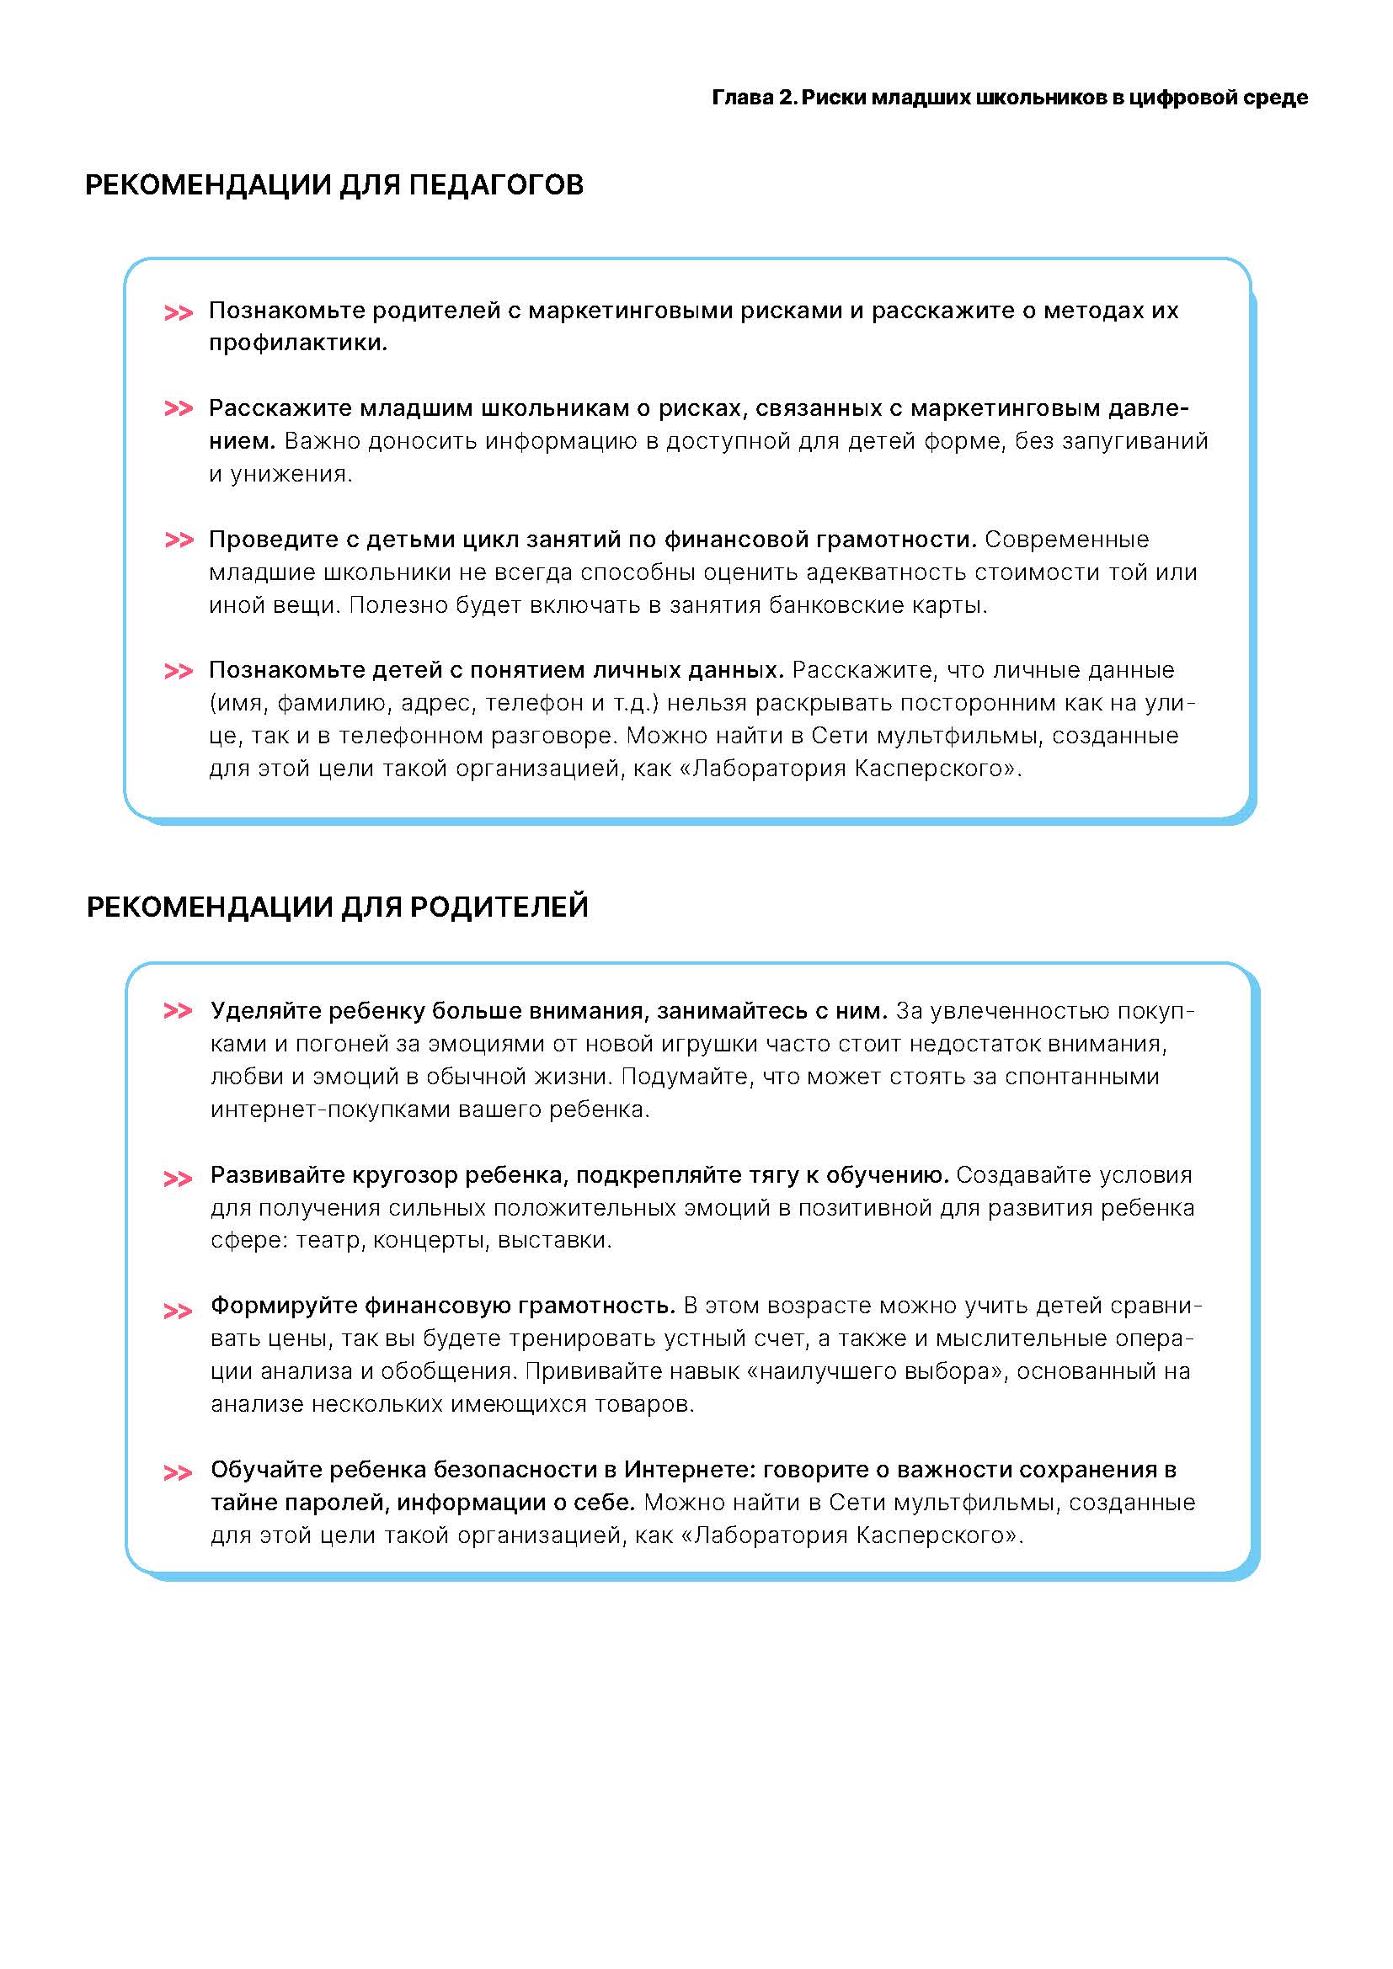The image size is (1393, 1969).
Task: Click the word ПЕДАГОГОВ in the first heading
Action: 496,185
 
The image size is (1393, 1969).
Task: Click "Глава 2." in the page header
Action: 754,98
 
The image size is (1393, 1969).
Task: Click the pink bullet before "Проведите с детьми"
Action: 179,540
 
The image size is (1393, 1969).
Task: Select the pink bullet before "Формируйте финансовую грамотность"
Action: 179,1312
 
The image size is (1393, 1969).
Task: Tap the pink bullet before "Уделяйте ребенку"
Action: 179,1011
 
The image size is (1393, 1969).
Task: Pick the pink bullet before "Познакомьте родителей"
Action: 179,312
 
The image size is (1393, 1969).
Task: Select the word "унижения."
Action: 291,474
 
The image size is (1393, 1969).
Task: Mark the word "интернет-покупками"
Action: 330,1110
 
